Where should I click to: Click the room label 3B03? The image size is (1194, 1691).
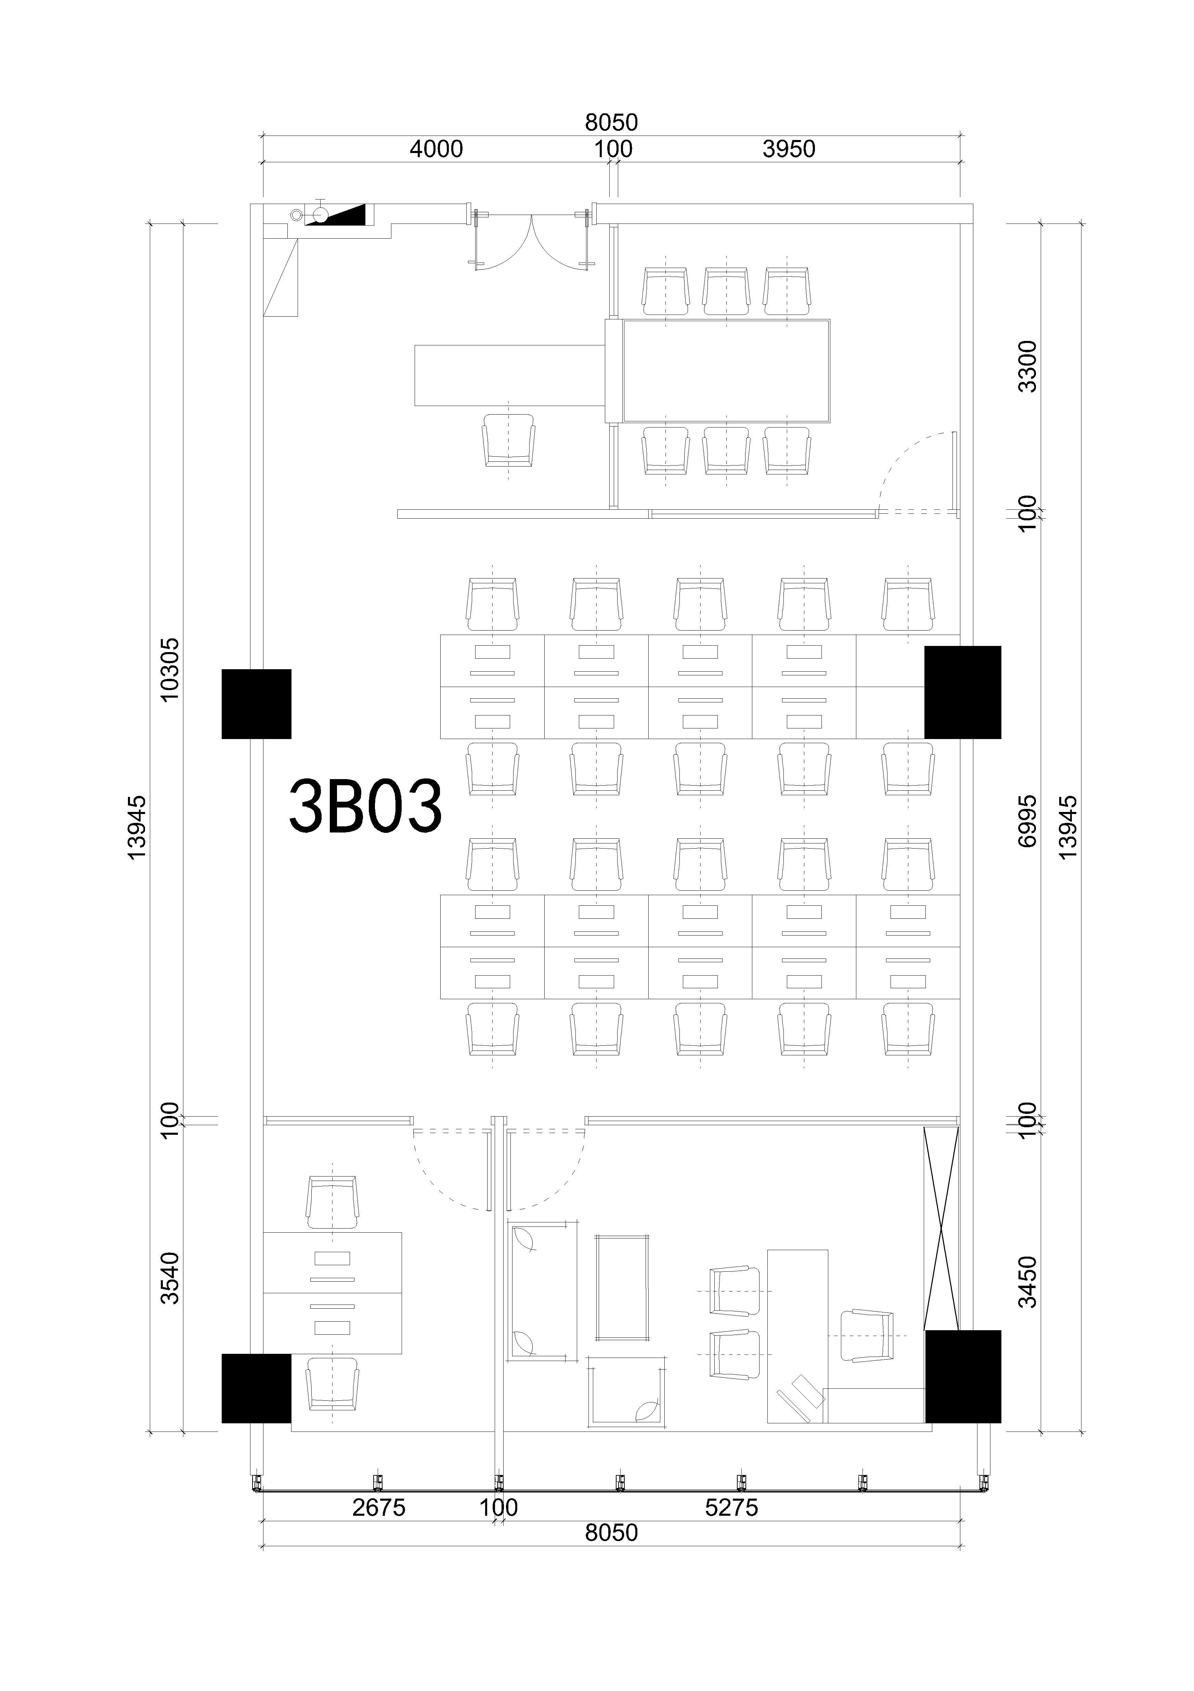(x=365, y=806)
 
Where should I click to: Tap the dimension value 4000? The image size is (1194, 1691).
(x=437, y=150)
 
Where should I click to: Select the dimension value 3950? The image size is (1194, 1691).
(x=789, y=150)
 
